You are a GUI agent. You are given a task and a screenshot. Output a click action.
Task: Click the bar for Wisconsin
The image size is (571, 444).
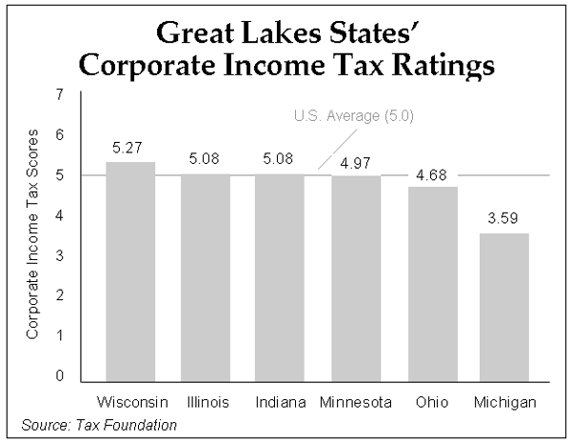130,272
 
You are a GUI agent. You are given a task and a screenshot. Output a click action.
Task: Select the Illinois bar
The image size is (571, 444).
206,276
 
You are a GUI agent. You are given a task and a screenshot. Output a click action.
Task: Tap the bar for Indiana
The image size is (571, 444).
280,276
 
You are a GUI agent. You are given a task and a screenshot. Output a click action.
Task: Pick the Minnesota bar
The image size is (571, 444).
355,278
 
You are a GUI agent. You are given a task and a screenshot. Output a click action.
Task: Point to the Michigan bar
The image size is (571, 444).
504,306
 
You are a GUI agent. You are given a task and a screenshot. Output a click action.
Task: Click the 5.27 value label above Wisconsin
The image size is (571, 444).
130,148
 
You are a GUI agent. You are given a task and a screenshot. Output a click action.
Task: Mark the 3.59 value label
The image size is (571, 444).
504,217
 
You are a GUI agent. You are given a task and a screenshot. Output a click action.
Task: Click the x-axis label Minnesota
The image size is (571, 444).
355,402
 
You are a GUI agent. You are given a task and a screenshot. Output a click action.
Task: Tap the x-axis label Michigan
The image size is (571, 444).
504,402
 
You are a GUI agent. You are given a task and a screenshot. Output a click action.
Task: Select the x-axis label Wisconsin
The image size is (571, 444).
130,402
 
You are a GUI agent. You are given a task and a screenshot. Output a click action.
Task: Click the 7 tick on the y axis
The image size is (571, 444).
61,95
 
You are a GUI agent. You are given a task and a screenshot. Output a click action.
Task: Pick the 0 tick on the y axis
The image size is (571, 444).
61,376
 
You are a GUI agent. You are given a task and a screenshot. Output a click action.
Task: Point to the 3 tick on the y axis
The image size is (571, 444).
61,256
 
